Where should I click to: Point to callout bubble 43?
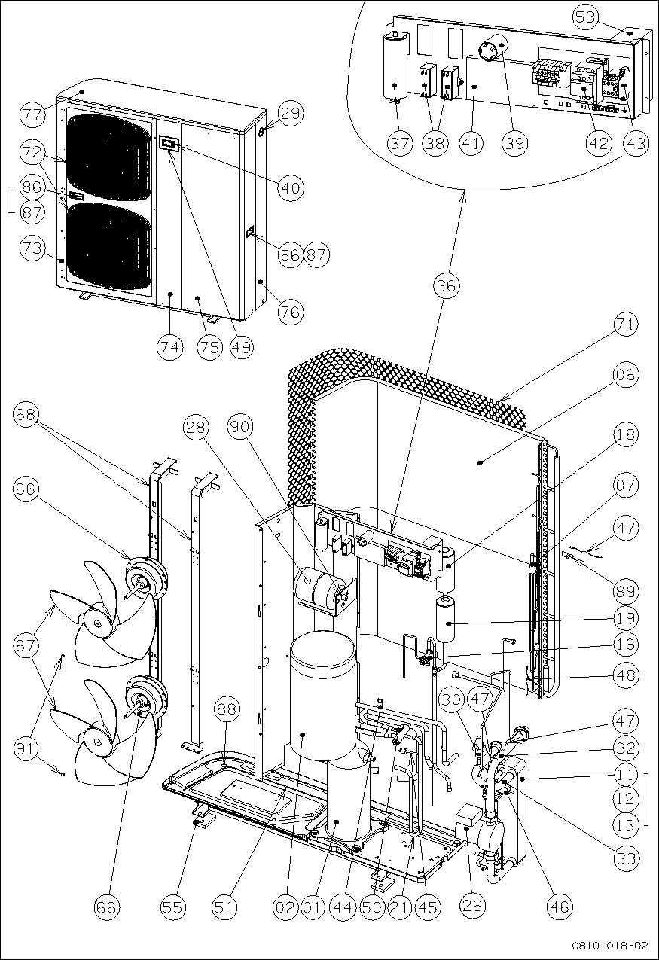[x=636, y=143]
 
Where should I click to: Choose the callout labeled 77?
[x=32, y=114]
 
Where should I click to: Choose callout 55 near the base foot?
[x=173, y=907]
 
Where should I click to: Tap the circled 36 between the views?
[x=446, y=286]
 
